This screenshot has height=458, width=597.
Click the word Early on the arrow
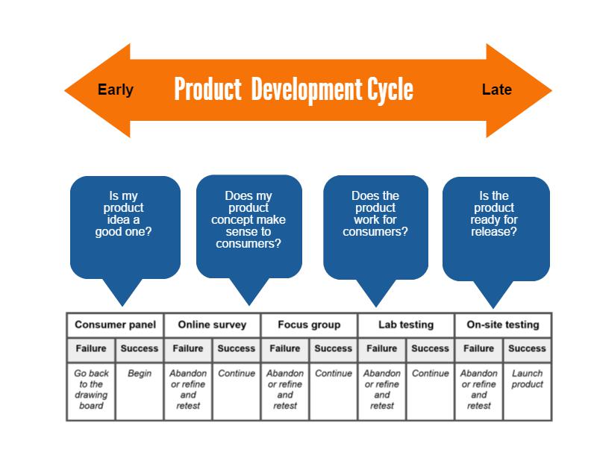pyautogui.click(x=116, y=90)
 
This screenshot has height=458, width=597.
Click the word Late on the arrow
pyautogui.click(x=496, y=90)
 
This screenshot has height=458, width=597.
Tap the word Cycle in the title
pyautogui.click(x=390, y=89)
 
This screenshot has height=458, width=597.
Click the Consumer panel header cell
pyautogui.click(x=116, y=324)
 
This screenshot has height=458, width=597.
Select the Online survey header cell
pyautogui.click(x=212, y=324)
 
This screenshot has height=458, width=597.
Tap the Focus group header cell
pyautogui.click(x=309, y=324)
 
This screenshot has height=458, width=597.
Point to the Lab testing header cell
pyautogui.click(x=406, y=324)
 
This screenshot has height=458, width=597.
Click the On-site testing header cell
pyautogui.click(x=503, y=324)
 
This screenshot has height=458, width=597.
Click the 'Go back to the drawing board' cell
pyautogui.click(x=91, y=391)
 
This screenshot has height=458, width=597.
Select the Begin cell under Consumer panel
pyautogui.click(x=140, y=391)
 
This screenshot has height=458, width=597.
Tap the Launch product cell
pyautogui.click(x=528, y=391)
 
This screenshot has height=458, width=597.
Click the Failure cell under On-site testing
pyautogui.click(x=478, y=349)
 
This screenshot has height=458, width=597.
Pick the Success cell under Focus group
pyautogui.click(x=333, y=349)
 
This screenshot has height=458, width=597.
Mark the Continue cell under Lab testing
pyautogui.click(x=431, y=391)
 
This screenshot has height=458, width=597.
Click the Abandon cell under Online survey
pyautogui.click(x=188, y=391)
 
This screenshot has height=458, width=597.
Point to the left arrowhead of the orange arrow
pyautogui.click(x=98, y=90)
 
